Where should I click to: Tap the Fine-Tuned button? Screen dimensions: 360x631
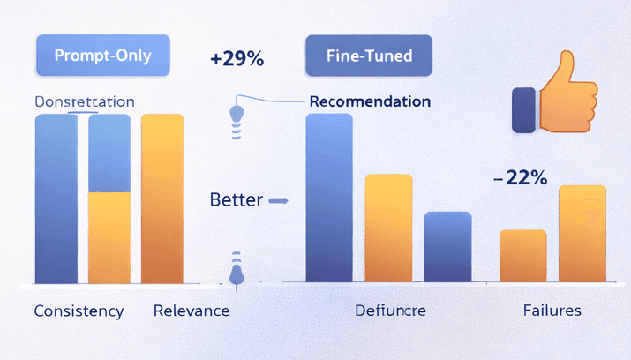(370, 56)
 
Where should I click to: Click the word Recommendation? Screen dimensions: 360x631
(370, 101)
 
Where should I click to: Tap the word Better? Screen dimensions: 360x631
(236, 199)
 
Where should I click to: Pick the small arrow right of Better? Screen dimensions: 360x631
(277, 201)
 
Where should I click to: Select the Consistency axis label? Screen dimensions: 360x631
(78, 311)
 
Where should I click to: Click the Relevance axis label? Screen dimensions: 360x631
(191, 311)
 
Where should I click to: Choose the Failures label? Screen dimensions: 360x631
(551, 311)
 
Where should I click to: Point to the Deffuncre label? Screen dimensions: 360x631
(391, 311)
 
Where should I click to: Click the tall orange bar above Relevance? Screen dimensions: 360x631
(162, 199)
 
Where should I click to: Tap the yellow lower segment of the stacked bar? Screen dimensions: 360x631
(109, 236)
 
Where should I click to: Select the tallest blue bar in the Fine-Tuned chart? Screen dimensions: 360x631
(328, 199)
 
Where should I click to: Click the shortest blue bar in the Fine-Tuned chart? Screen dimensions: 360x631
(448, 247)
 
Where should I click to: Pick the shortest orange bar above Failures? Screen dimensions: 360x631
(523, 256)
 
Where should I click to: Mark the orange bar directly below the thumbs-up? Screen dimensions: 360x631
(582, 234)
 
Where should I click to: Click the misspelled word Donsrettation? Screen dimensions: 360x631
(84, 101)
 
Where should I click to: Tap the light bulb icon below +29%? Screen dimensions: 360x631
(236, 115)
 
